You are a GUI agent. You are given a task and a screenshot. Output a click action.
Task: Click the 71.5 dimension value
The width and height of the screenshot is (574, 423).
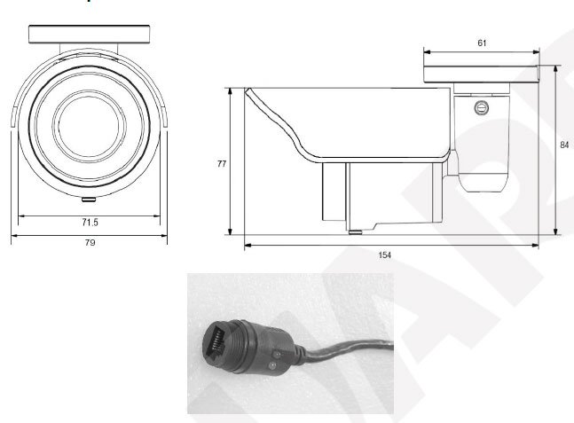click(90, 222)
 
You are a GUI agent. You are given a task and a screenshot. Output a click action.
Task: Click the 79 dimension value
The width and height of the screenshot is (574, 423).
click(90, 242)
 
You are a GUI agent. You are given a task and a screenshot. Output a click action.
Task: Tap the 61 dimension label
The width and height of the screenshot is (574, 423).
click(482, 43)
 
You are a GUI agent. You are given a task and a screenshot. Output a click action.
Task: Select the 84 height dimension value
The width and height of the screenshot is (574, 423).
click(564, 145)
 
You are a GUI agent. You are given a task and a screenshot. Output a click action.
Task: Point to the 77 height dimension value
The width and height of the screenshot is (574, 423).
click(222, 163)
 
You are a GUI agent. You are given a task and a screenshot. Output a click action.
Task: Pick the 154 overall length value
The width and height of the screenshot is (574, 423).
click(385, 255)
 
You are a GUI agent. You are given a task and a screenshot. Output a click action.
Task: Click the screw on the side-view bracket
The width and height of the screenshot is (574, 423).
click(482, 107)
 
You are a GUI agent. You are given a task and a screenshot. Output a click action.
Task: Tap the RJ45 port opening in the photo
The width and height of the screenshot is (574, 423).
click(215, 341)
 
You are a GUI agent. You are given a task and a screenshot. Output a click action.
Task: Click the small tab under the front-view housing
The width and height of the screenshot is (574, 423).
click(89, 200)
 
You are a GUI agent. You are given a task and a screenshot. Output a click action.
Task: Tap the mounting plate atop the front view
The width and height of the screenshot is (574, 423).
click(90, 35)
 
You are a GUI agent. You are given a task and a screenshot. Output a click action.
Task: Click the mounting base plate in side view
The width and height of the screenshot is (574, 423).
click(482, 74)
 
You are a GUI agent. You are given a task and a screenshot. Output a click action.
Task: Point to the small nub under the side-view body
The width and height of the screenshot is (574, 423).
click(356, 232)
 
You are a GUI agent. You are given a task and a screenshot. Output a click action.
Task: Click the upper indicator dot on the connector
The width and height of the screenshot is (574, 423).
click(277, 354)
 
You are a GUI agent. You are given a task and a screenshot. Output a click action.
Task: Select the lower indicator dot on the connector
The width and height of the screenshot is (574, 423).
click(272, 365)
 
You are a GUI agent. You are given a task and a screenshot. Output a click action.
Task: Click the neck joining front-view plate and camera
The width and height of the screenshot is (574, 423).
click(89, 49)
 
